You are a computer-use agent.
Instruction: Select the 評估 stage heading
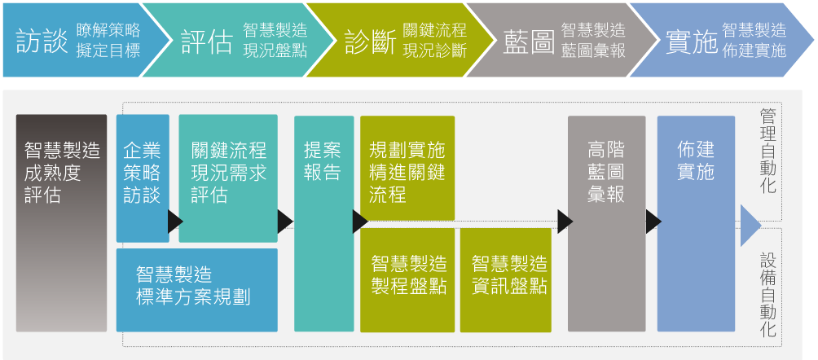(x=206, y=41)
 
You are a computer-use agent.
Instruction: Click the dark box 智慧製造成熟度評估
(x=62, y=222)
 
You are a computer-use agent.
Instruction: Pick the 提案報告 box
(x=323, y=222)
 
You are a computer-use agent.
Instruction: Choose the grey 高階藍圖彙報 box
(x=606, y=222)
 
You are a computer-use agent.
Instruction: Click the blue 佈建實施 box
(x=696, y=222)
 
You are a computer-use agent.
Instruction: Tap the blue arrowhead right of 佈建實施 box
(x=749, y=226)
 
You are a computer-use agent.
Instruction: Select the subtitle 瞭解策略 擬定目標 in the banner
(x=108, y=40)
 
